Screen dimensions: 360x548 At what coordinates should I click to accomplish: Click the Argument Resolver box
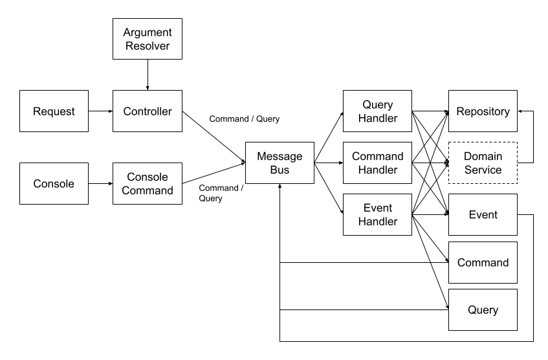point(148,39)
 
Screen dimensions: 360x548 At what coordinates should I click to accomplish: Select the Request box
point(54,111)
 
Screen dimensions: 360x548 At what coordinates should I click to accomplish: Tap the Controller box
point(148,111)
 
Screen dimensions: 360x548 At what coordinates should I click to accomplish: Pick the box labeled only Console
point(54,184)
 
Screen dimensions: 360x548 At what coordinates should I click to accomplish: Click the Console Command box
point(148,184)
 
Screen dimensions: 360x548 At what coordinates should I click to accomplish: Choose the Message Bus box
point(279,163)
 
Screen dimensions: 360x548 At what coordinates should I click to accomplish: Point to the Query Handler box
point(378,111)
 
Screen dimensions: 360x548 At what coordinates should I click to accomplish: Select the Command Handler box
point(378,163)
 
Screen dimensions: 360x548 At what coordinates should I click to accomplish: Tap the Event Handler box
point(378,215)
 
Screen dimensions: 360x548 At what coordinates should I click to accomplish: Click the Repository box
point(483,111)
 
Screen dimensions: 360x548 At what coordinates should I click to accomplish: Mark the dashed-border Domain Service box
point(483,163)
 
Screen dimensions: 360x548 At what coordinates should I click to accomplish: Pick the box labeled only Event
point(483,215)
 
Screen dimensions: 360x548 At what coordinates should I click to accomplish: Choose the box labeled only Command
point(483,263)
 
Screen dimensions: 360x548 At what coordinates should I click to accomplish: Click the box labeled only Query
point(483,310)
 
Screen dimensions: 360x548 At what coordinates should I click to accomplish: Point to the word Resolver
point(148,46)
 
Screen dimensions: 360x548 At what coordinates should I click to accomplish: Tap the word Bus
point(279,170)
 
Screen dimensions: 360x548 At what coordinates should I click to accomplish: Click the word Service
point(483,170)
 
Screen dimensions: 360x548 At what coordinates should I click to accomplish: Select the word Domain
point(483,157)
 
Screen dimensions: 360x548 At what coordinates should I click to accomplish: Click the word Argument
point(148,32)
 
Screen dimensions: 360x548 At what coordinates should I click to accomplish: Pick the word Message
point(279,157)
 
